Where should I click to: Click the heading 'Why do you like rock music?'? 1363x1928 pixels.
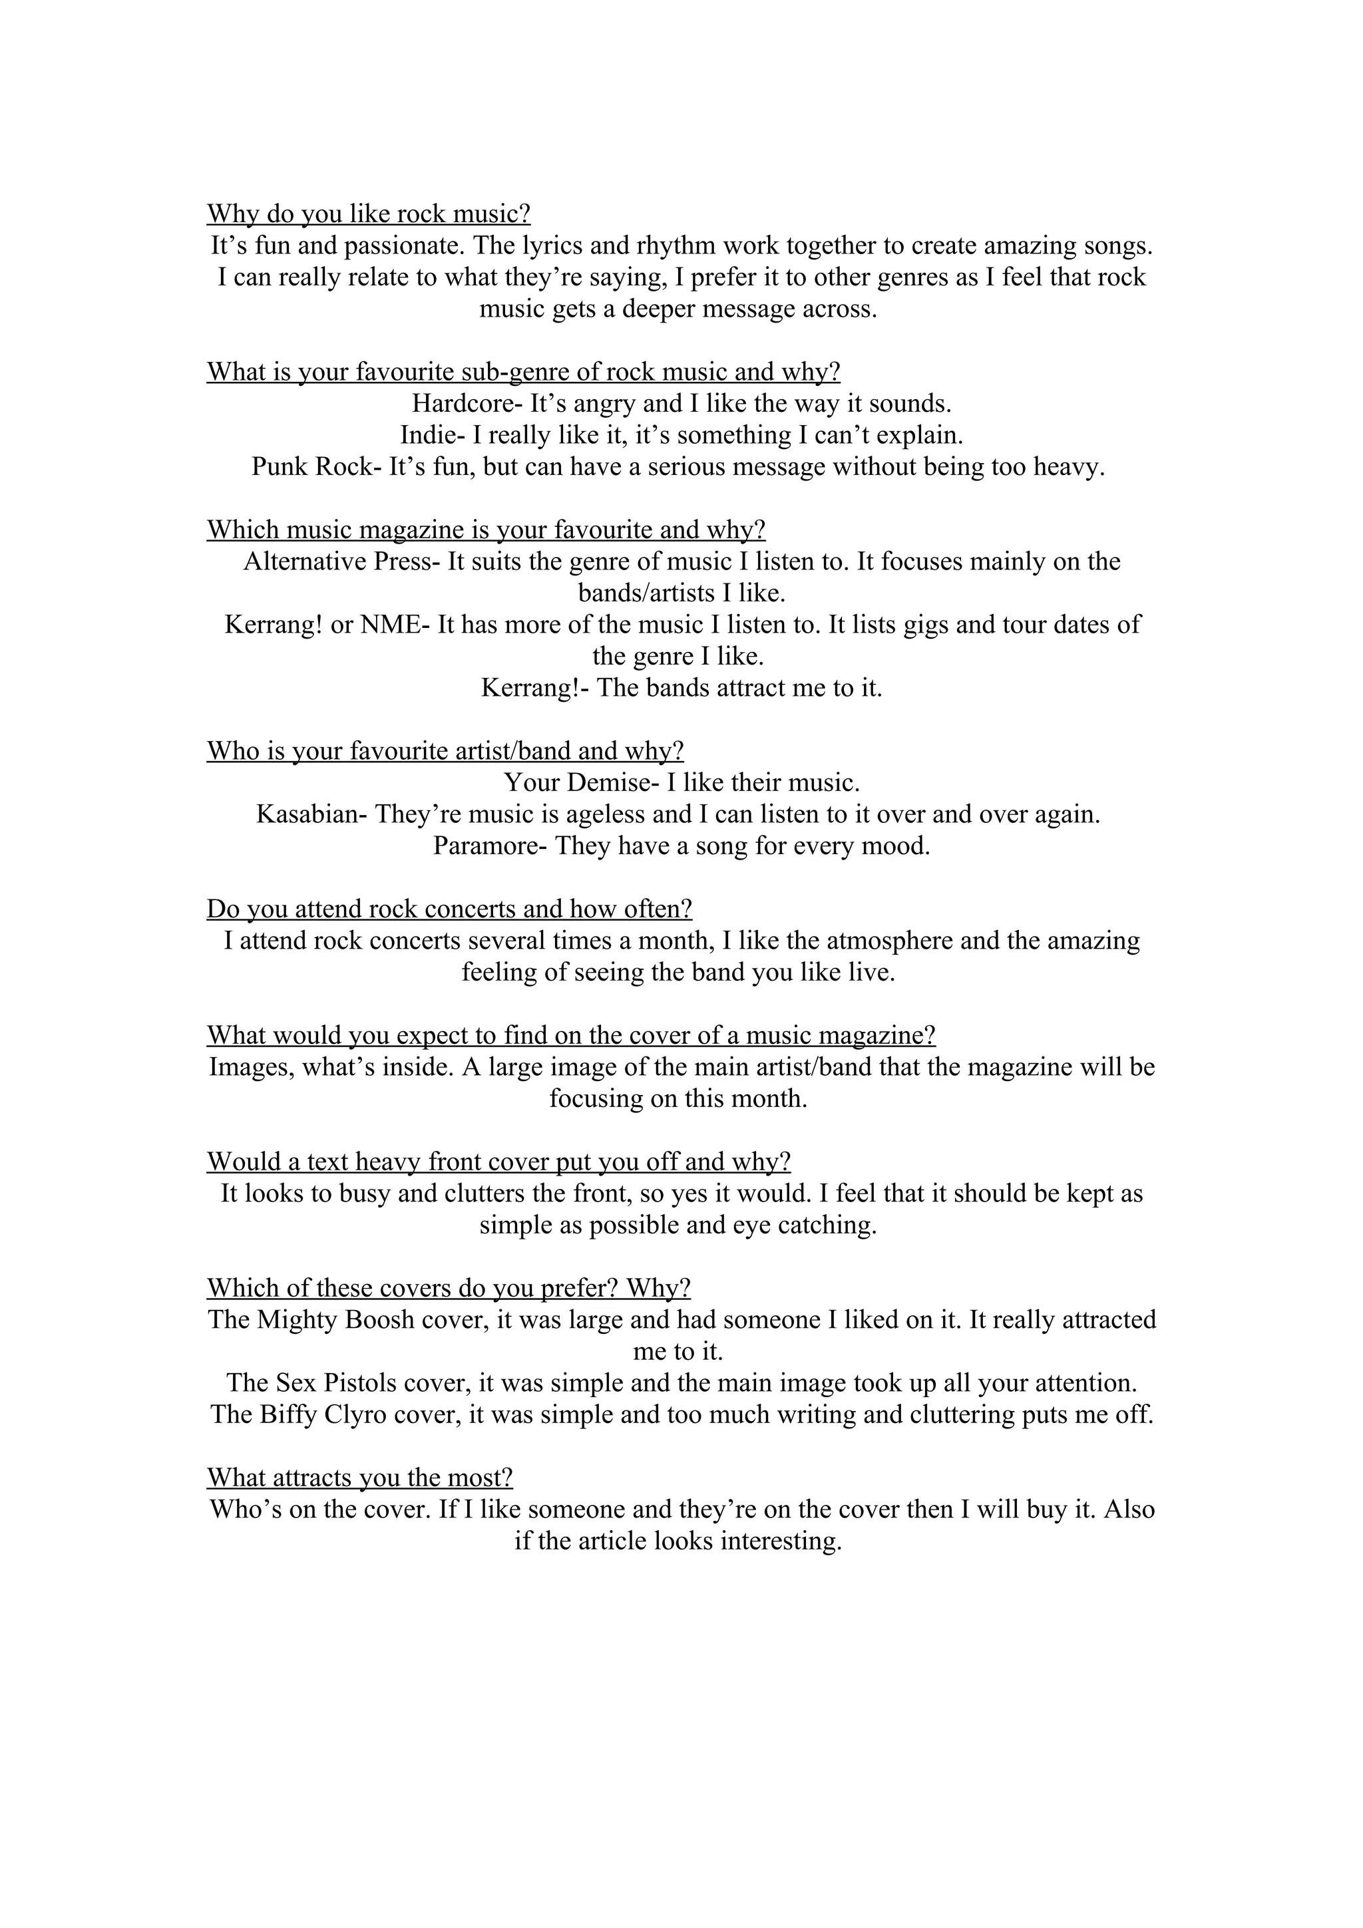coord(369,214)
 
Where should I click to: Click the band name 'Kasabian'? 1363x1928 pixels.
coord(307,814)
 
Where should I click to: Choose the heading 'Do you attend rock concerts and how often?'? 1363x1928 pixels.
coord(449,909)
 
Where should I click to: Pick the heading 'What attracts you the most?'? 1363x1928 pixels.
coord(359,1478)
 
